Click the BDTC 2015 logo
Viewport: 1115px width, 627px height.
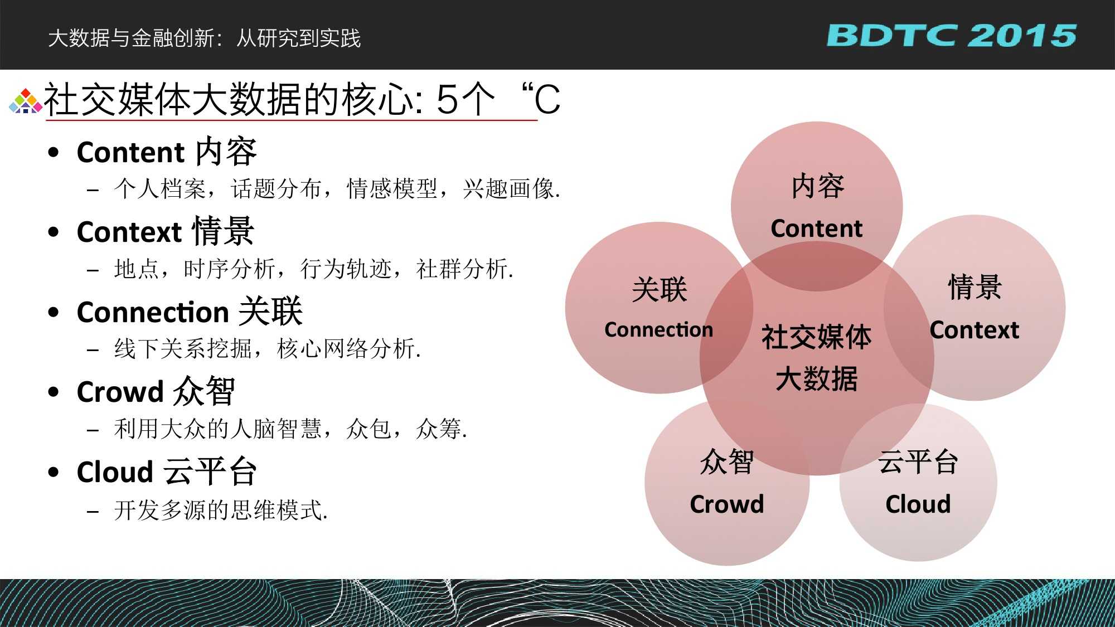click(x=951, y=36)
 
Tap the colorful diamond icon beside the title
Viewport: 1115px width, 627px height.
click(x=26, y=101)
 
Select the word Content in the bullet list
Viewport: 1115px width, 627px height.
click(x=130, y=152)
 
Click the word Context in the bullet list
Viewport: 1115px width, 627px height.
click(x=129, y=232)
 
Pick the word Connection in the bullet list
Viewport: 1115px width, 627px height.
click(x=153, y=312)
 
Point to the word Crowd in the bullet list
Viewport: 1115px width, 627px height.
click(x=120, y=392)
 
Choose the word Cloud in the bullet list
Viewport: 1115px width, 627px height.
click(x=115, y=472)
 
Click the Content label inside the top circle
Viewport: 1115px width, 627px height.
click(x=816, y=229)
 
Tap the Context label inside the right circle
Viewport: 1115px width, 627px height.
click(x=974, y=330)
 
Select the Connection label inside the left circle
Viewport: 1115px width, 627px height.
click(x=658, y=330)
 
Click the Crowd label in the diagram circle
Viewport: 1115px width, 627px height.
click(x=726, y=504)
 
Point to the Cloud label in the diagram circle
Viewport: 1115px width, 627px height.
click(x=918, y=504)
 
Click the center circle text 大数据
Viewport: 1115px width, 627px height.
click(x=816, y=379)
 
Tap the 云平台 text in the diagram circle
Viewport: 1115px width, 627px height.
click(x=918, y=462)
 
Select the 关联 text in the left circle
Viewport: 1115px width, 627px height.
click(x=659, y=290)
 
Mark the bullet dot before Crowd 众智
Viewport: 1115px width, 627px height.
click(x=54, y=392)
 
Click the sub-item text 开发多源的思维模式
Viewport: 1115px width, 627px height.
click(x=221, y=510)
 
